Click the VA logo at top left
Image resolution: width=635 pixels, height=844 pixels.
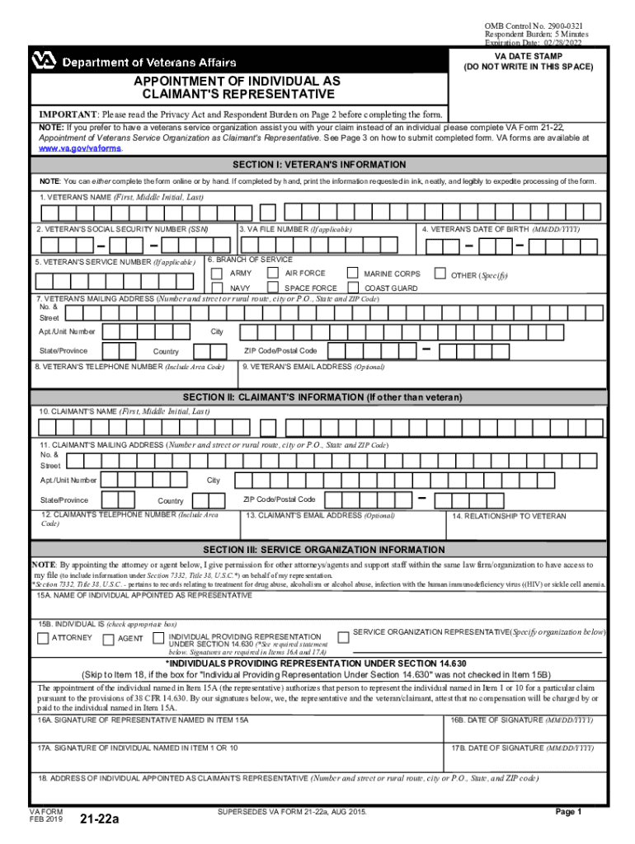tap(43, 62)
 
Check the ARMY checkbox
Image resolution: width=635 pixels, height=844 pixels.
tap(217, 273)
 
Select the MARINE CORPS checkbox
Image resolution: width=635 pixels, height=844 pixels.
tap(352, 273)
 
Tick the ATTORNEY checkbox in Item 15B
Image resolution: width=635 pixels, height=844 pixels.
tap(42, 638)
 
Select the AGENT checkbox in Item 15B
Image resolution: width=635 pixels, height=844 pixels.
tap(108, 638)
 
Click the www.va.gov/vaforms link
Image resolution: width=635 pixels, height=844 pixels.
tap(81, 149)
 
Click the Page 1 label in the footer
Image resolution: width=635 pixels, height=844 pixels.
tap(568, 812)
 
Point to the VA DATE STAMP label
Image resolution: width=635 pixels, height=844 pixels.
tap(527, 56)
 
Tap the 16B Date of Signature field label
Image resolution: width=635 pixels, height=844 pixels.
tap(521, 720)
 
